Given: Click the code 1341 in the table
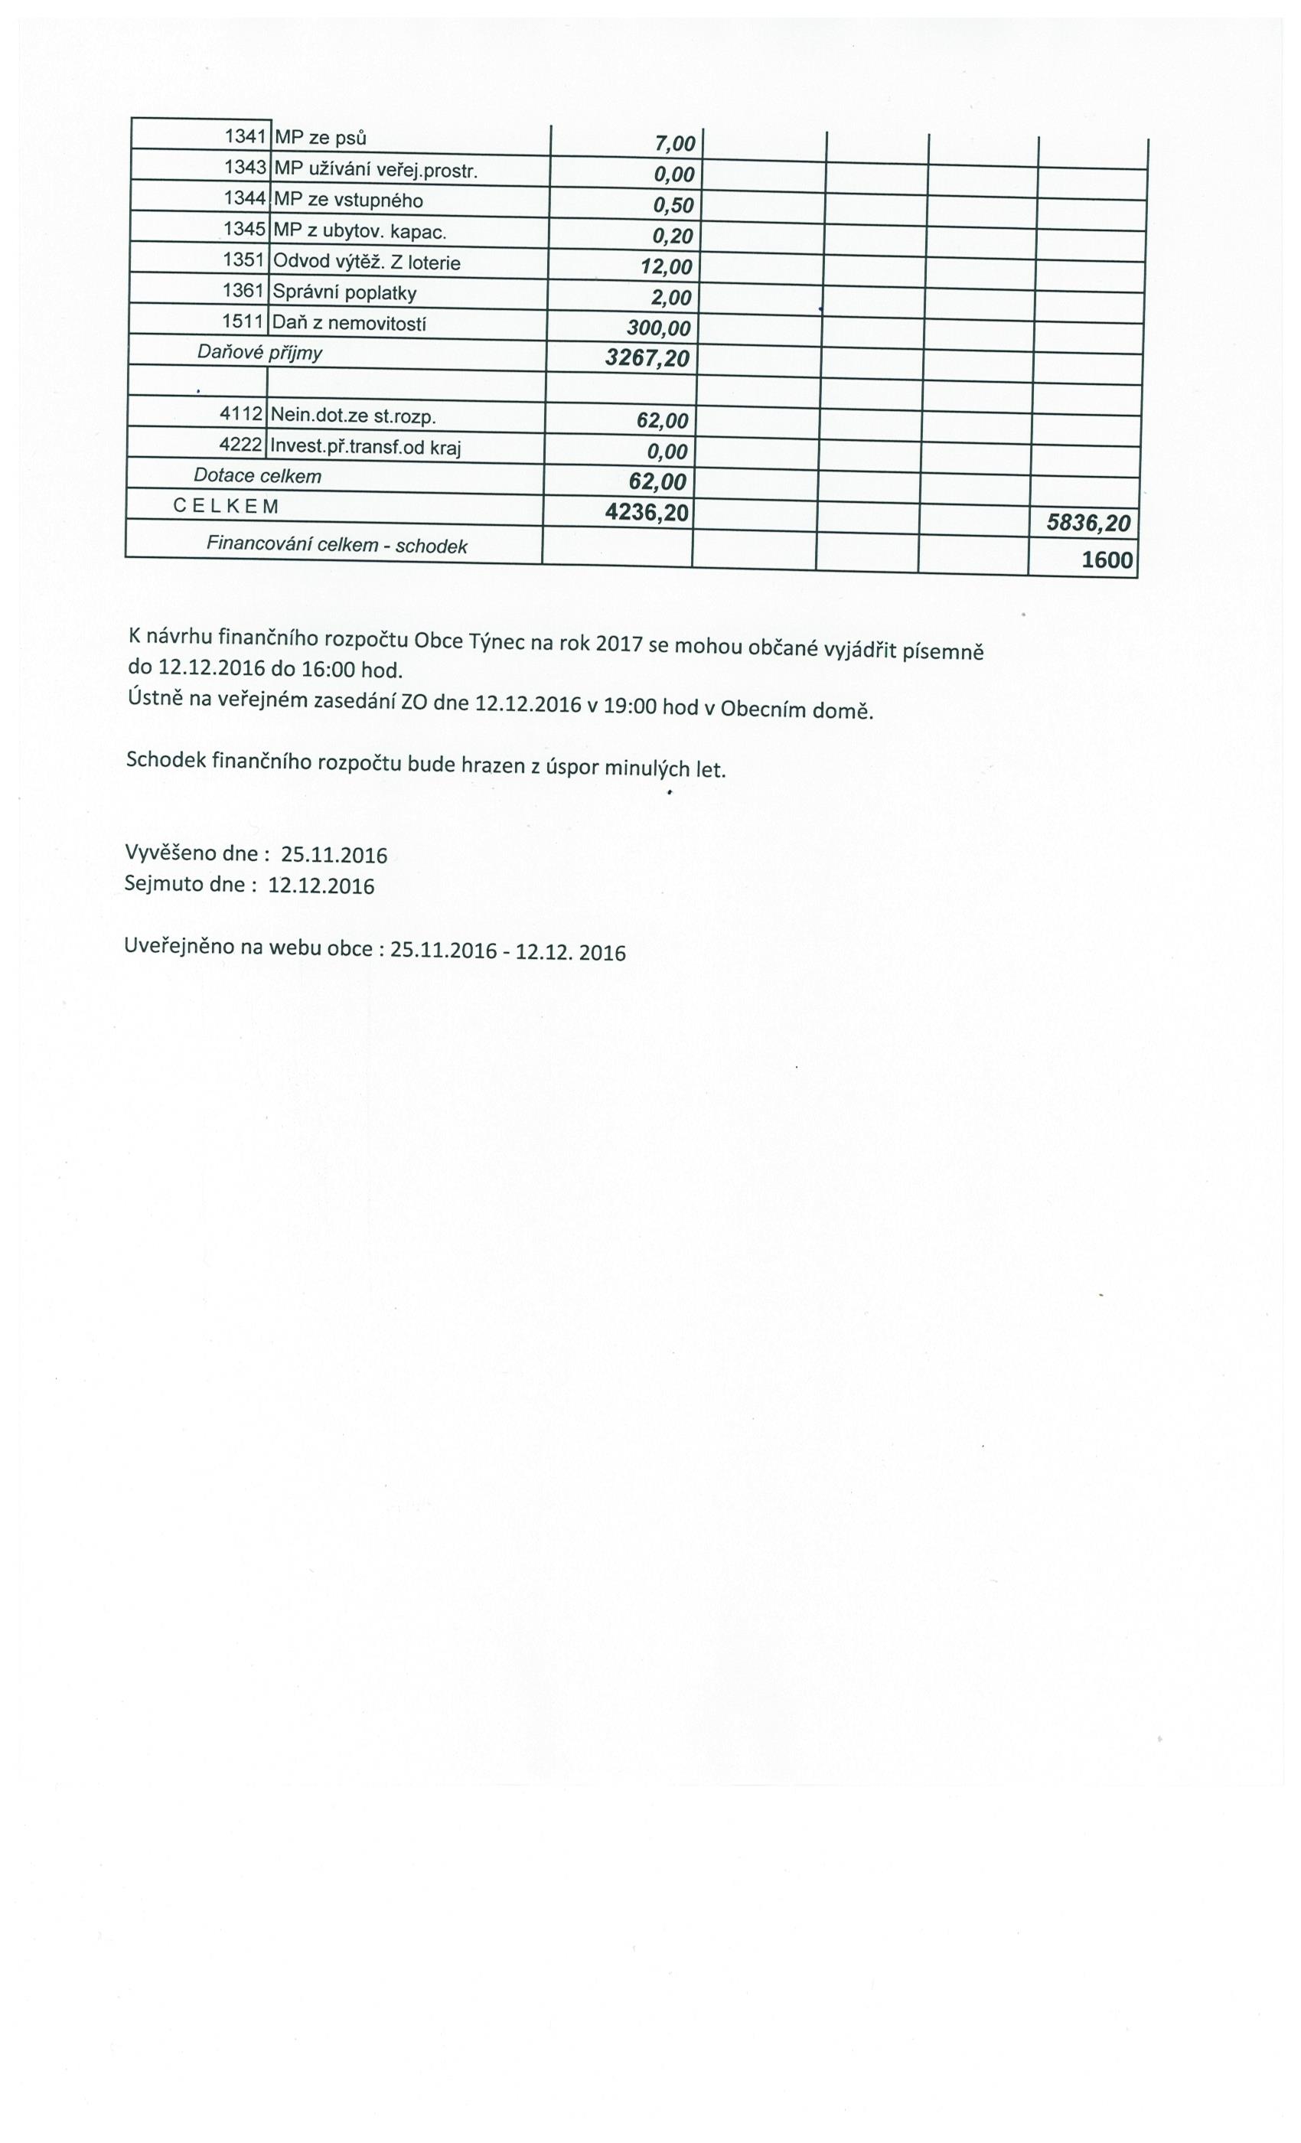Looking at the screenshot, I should pyautogui.click(x=244, y=135).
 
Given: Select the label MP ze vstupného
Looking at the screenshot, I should pyautogui.click(x=348, y=201).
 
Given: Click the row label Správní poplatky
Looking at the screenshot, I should pyautogui.click(x=344, y=293).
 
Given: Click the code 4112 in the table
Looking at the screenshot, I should pyautogui.click(x=240, y=415).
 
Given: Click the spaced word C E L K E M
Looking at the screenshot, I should pyautogui.click(x=226, y=506).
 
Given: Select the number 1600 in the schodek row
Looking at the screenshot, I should pyautogui.click(x=1106, y=560).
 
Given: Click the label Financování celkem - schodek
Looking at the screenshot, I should pyautogui.click(x=337, y=545).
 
